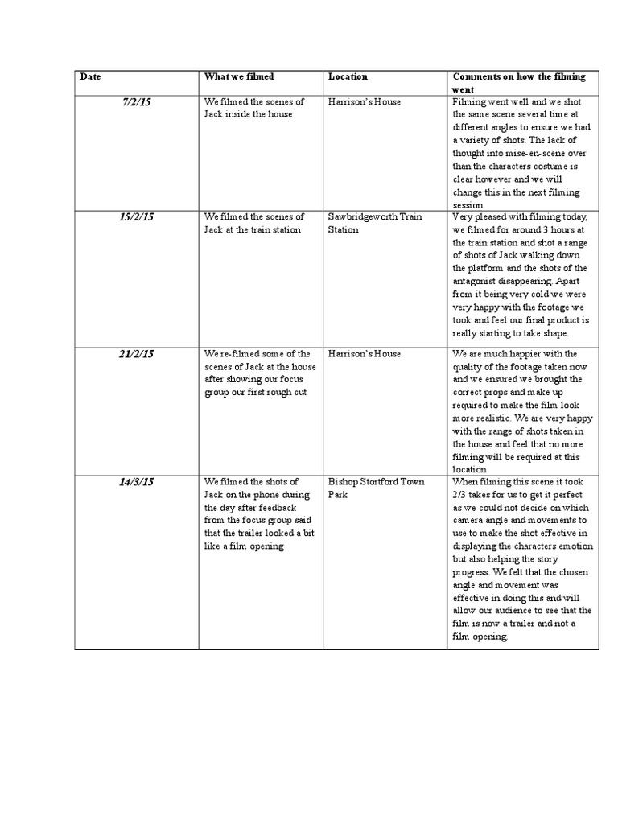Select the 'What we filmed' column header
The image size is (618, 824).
pyautogui.click(x=239, y=77)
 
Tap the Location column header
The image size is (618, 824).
pyautogui.click(x=348, y=77)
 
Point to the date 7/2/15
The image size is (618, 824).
pyautogui.click(x=137, y=102)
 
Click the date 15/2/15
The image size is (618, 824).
pyautogui.click(x=137, y=217)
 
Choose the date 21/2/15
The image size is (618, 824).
pyautogui.click(x=137, y=354)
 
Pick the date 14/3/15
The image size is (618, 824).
pyautogui.click(x=137, y=482)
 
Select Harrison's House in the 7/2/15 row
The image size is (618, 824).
pyautogui.click(x=365, y=102)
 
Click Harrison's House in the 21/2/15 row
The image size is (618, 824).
pyautogui.click(x=365, y=354)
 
